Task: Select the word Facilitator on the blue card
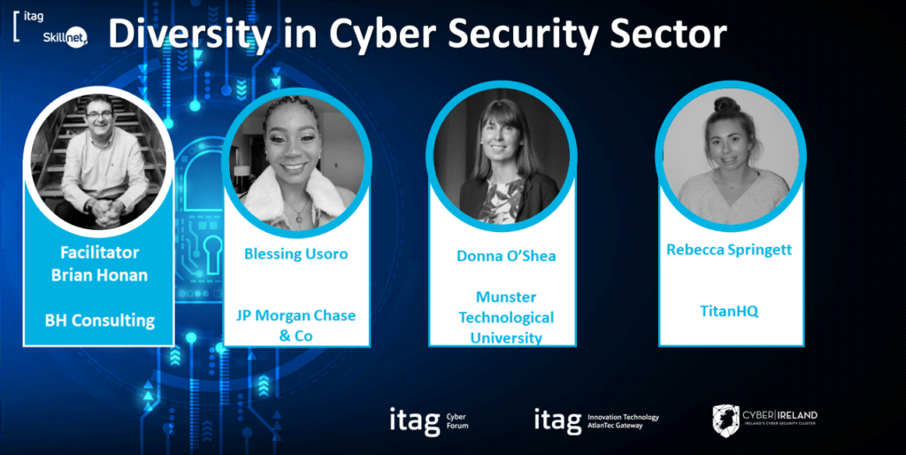tap(100, 253)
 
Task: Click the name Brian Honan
tap(100, 275)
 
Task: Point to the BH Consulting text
tap(100, 320)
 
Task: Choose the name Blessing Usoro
tap(296, 254)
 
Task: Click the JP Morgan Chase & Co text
tap(296, 325)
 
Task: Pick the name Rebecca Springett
tap(729, 251)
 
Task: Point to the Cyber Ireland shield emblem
tap(726, 420)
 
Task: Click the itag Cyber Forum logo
tap(429, 420)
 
